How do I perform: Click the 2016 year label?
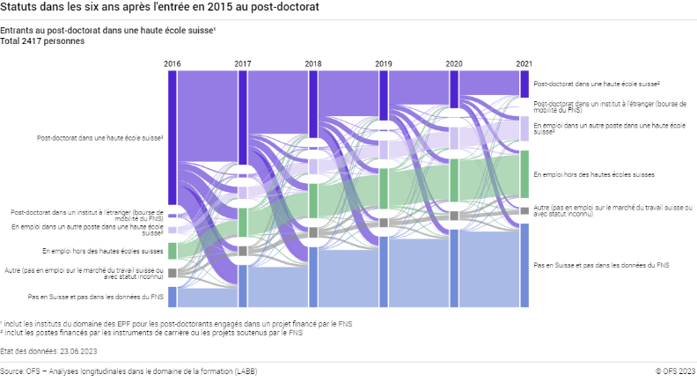click(x=172, y=64)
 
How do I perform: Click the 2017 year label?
click(x=242, y=64)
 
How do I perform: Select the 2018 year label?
click(x=312, y=64)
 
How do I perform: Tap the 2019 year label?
click(x=383, y=64)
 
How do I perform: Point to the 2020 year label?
click(x=453, y=64)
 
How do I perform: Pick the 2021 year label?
click(x=524, y=64)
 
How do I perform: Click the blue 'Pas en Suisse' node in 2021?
click(x=524, y=264)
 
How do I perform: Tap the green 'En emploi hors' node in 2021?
click(x=524, y=174)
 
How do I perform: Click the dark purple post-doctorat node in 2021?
click(x=524, y=83)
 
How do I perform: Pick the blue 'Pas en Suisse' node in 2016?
click(x=172, y=297)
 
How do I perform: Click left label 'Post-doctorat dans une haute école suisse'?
click(x=99, y=138)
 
